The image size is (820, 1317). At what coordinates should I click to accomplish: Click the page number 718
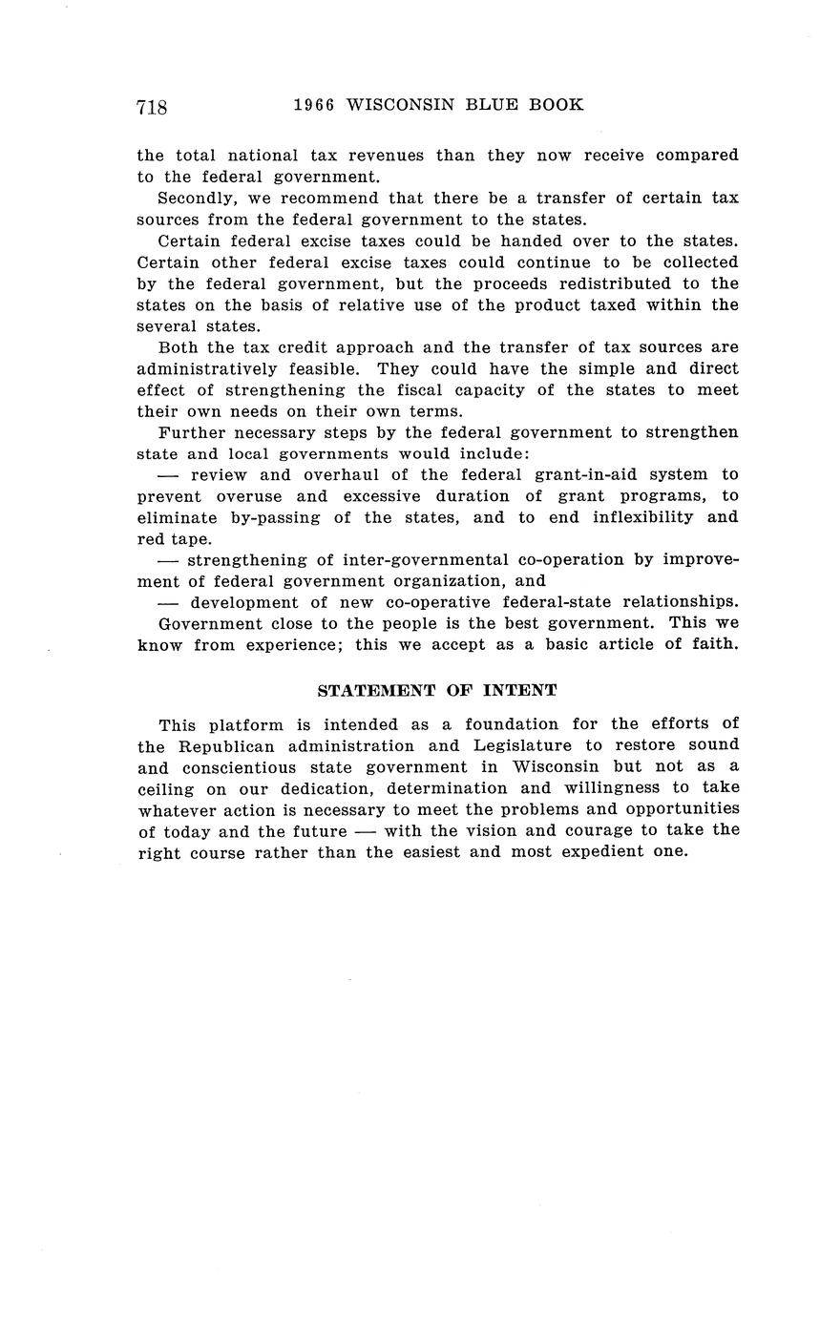point(152,107)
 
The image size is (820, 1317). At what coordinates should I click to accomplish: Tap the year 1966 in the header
point(313,105)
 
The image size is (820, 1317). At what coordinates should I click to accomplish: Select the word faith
point(714,644)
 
